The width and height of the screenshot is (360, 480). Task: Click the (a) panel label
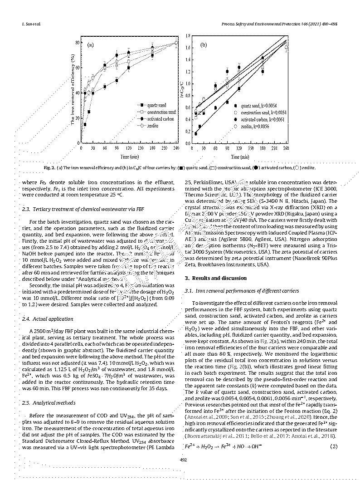pyautogui.click(x=90, y=45)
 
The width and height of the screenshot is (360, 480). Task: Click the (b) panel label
pyautogui.click(x=204, y=45)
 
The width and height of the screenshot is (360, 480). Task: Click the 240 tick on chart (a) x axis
pyautogui.click(x=176, y=148)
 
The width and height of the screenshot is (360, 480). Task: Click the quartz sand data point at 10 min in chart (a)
pyautogui.click(x=85, y=124)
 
